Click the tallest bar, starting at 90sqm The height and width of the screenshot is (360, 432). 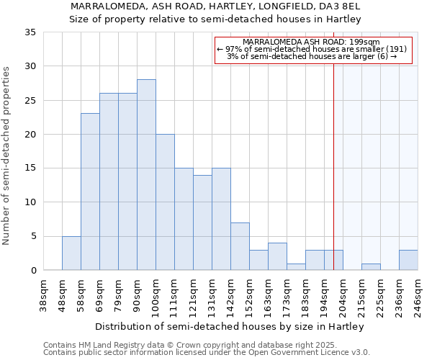(x=146, y=175)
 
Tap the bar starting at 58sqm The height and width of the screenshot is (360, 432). (x=90, y=192)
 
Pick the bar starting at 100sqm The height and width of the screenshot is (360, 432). (x=165, y=202)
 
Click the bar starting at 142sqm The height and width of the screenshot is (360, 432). (x=240, y=246)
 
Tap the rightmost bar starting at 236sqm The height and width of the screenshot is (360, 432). (x=408, y=260)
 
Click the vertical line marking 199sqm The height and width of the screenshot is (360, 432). (x=333, y=158)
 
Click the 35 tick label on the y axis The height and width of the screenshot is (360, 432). (x=30, y=32)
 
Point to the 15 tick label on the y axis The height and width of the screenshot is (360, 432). (x=30, y=168)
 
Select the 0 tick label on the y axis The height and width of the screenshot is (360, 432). (x=33, y=271)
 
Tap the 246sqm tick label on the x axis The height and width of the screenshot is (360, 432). (x=418, y=296)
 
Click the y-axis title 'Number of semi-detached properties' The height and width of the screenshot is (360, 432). (x=7, y=156)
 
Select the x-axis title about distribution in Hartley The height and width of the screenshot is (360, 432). (x=230, y=326)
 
